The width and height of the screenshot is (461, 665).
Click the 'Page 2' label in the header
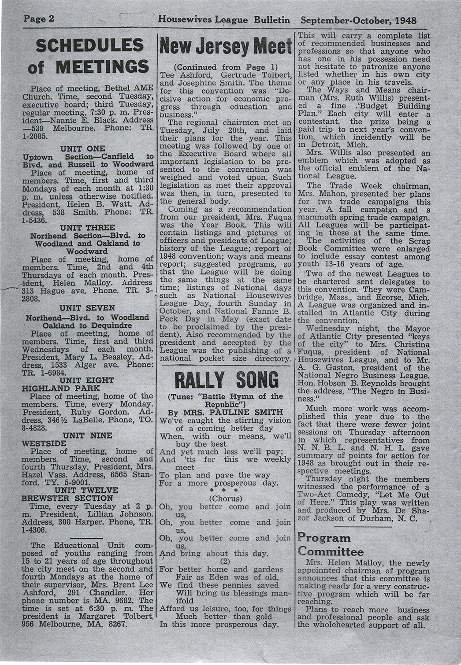39,19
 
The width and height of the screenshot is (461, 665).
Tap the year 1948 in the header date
405,20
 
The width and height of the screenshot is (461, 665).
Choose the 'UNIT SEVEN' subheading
87,308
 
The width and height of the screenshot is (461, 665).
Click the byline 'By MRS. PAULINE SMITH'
226,412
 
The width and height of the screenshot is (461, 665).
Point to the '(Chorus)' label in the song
226,499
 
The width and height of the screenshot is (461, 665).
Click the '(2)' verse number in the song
226,561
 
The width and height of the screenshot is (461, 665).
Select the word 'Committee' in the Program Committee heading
331,551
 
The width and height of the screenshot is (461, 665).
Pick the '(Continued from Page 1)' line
226,67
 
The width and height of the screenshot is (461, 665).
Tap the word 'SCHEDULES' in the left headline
89,45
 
